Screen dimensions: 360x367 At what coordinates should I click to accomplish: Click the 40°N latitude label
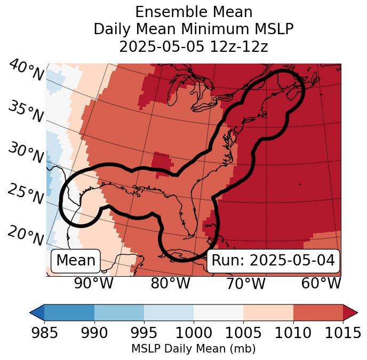(x=26, y=71)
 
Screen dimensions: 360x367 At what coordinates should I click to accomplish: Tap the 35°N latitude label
(x=26, y=112)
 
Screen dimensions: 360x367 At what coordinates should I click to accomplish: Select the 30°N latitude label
(x=26, y=153)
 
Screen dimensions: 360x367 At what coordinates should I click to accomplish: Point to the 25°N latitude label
(x=26, y=194)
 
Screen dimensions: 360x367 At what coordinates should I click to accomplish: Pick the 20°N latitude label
(x=26, y=236)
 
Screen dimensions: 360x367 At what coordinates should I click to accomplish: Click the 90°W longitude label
(x=94, y=283)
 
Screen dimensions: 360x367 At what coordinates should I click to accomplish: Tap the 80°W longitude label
(x=170, y=283)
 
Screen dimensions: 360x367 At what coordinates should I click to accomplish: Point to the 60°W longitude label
(x=321, y=283)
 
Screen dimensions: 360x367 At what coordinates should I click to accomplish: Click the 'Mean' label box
(x=76, y=261)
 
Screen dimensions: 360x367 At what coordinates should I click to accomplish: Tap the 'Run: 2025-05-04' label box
(x=273, y=261)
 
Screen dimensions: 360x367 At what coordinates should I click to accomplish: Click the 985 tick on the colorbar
(x=44, y=333)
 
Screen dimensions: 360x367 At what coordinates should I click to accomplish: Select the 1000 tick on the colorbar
(x=194, y=333)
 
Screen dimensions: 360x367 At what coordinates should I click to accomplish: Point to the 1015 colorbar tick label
(x=343, y=333)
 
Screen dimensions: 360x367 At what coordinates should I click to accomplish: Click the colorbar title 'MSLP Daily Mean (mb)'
(x=193, y=349)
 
